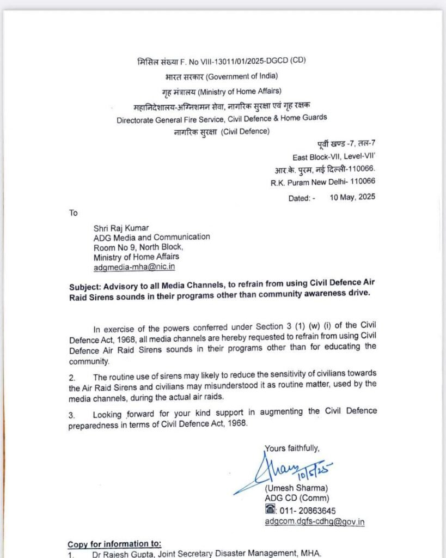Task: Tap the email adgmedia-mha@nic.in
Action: point(134,267)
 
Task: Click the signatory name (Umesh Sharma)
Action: point(296,488)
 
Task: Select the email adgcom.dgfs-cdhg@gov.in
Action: point(315,521)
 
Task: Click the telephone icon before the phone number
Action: point(270,510)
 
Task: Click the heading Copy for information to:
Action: point(114,544)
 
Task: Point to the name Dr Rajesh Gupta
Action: point(117,554)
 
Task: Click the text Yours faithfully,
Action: point(292,448)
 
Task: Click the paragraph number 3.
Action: point(71,415)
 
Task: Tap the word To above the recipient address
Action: point(74,213)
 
